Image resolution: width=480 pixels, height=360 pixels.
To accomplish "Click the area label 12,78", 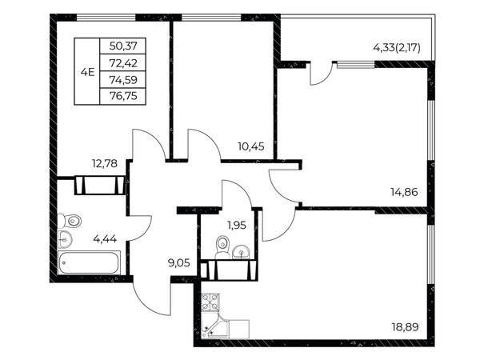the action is coord(105,163).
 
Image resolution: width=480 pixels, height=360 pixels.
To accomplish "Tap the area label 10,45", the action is coord(251,146).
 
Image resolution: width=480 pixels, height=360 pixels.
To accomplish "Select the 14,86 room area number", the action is coord(404,192).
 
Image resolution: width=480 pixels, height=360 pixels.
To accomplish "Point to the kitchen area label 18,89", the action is coord(405,327).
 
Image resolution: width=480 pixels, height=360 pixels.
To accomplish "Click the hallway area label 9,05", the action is coord(179,262).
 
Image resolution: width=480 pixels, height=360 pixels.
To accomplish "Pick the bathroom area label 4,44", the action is coord(105,238).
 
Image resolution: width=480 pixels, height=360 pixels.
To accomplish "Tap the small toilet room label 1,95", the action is coord(237,226).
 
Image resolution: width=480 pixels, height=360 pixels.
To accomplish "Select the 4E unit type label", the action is coord(87,73).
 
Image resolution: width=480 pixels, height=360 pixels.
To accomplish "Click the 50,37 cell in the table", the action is coord(123,46).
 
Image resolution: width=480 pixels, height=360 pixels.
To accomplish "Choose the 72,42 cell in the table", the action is coord(123,63).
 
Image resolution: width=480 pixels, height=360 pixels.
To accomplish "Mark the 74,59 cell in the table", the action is coord(123,80).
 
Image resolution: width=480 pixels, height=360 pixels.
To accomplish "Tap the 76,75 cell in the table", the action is coord(123,96).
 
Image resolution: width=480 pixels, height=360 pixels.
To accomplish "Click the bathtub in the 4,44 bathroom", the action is coord(89,262).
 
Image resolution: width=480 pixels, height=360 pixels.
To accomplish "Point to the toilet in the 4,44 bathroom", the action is coord(70,221).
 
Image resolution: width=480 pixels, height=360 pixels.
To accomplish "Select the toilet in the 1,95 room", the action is coord(222,246).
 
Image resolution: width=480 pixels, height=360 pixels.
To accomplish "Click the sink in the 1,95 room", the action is coord(242,252).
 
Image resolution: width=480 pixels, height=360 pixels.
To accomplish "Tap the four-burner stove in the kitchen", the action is coord(210,302).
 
